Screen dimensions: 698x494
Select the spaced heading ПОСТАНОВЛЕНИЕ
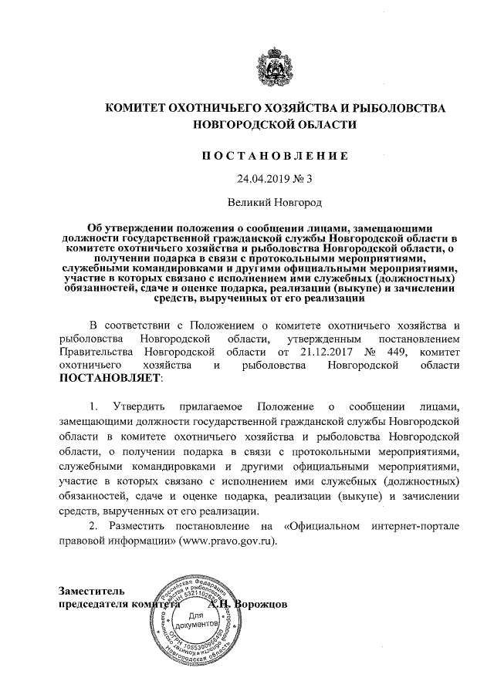276,155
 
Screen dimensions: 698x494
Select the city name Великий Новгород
275,203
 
